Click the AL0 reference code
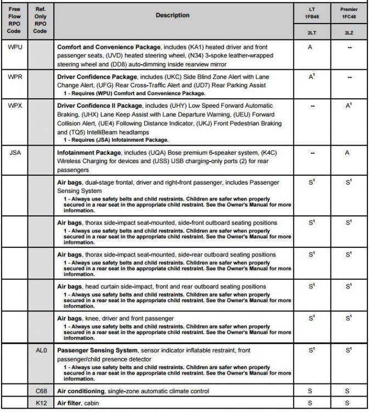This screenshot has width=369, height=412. click(40, 350)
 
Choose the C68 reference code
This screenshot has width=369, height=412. click(40, 391)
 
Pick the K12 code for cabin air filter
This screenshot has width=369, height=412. click(40, 403)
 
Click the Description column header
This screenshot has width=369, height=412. click(172, 15)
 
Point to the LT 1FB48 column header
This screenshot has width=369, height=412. click(311, 13)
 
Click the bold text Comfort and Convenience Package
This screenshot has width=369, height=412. click(105, 48)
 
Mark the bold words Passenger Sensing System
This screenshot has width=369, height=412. click(97, 350)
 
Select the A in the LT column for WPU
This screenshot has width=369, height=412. click(311, 47)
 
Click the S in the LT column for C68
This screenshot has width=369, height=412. click(311, 391)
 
